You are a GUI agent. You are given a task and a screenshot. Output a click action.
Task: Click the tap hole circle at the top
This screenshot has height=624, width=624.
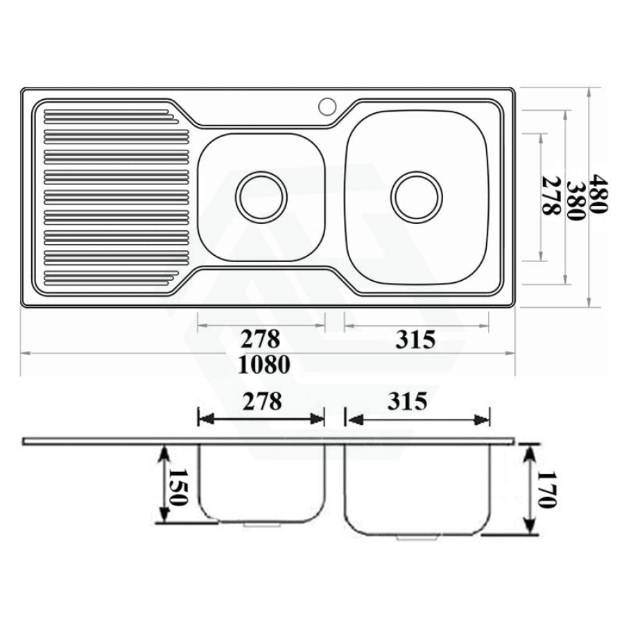(327, 106)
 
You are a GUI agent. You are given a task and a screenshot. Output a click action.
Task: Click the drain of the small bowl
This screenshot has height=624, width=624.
(261, 197)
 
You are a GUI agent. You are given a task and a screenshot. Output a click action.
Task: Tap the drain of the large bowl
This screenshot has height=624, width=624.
(416, 197)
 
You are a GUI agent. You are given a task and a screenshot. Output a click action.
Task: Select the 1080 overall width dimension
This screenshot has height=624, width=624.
(263, 365)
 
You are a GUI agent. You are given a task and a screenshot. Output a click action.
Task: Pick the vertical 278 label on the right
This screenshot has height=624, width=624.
(552, 196)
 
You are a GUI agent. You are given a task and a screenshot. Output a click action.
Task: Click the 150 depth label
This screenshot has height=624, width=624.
(177, 487)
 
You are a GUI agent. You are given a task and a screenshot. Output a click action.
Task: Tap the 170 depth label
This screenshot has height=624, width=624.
(546, 490)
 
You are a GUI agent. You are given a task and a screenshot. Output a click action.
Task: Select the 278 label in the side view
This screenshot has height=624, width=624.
(262, 401)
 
